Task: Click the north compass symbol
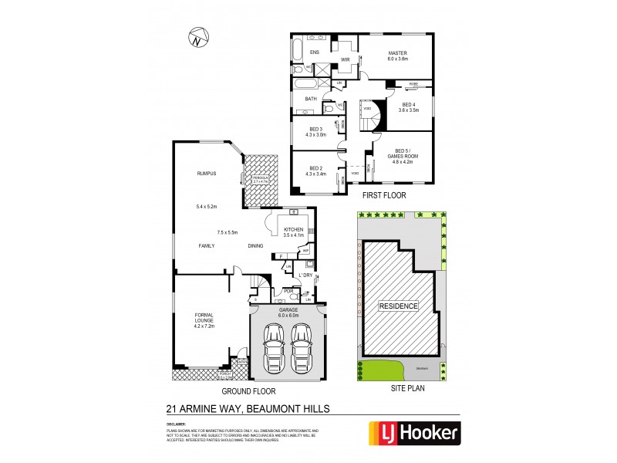197,36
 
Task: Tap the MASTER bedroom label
398,52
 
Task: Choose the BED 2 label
316,168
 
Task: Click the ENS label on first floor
314,52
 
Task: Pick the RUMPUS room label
204,174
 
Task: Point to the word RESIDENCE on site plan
399,306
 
